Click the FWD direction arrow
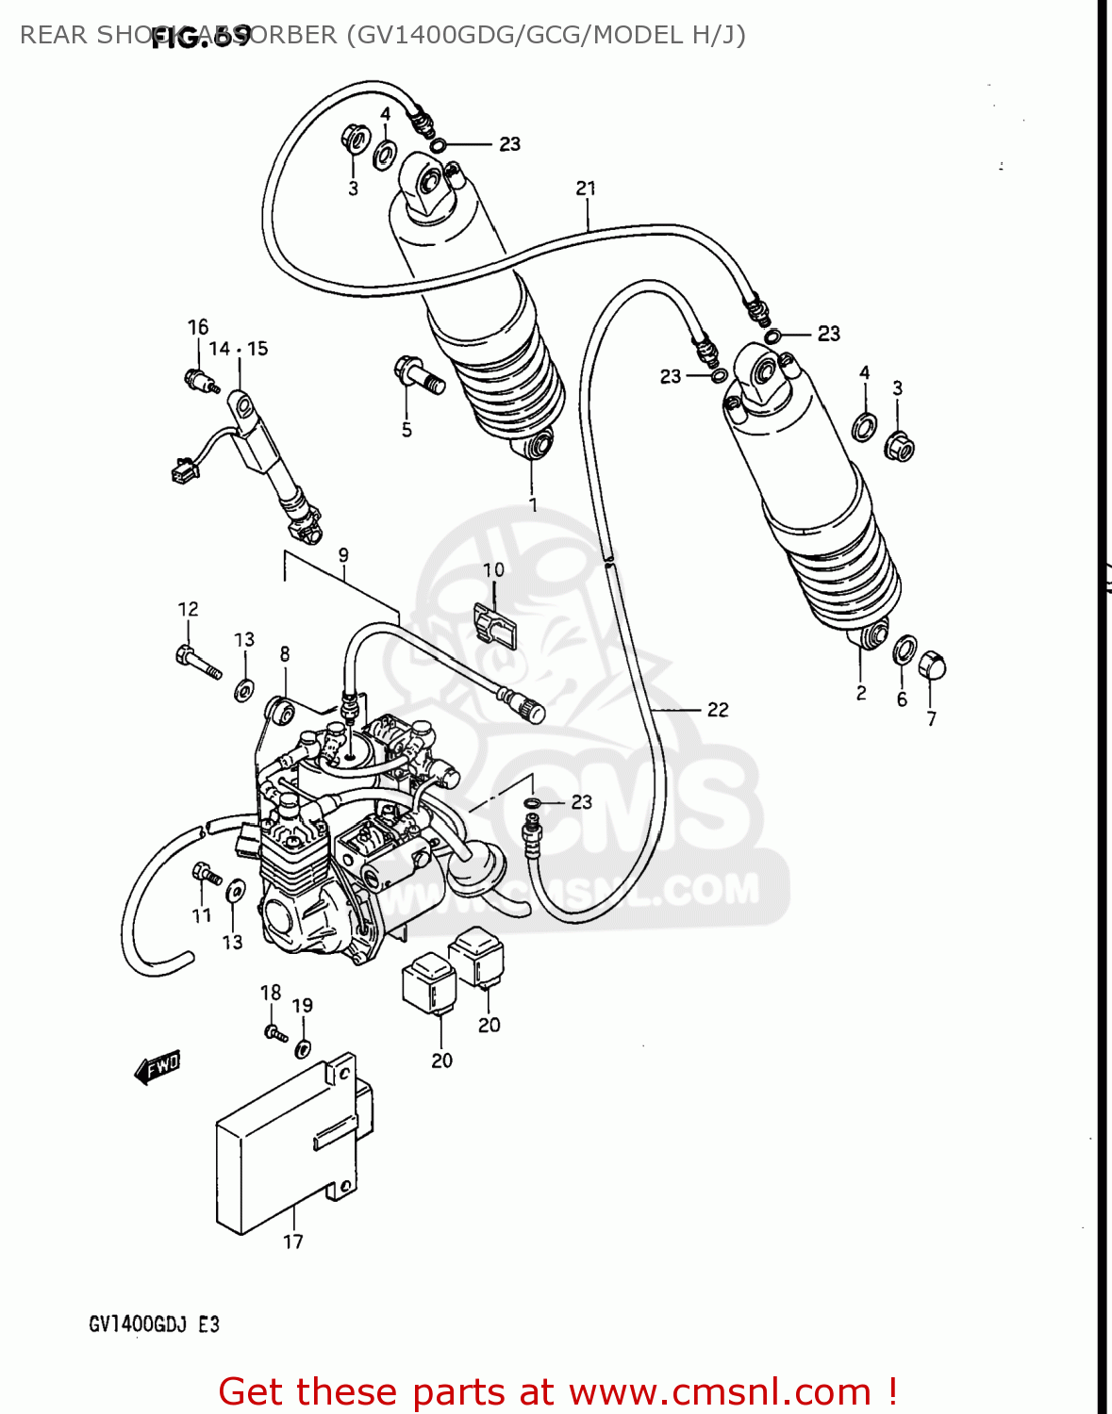point(158,1067)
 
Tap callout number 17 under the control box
point(293,1241)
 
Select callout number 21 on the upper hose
point(586,189)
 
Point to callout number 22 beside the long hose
point(718,710)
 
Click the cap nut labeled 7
point(931,666)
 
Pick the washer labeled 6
point(904,649)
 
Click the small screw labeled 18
point(274,1032)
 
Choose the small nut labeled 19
point(303,1047)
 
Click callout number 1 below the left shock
point(533,504)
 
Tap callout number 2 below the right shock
point(861,693)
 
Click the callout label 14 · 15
point(238,349)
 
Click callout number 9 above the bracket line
point(343,554)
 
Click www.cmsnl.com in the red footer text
point(719,1391)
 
